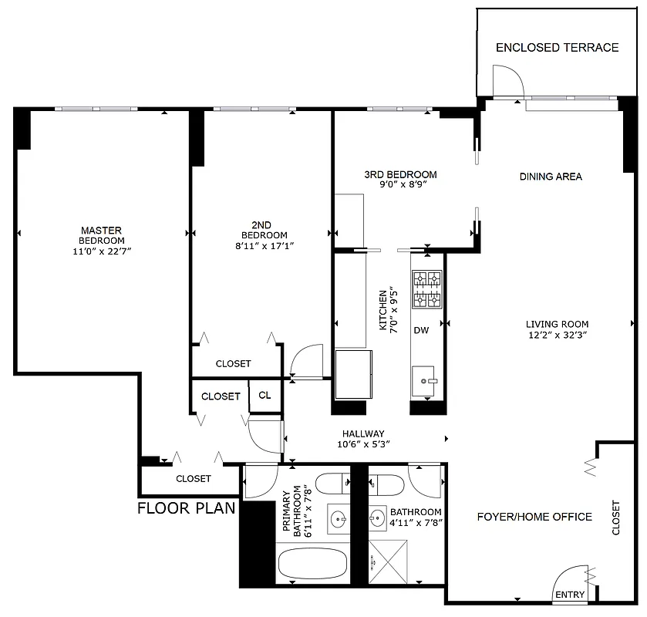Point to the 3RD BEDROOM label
400,174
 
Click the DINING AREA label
551,177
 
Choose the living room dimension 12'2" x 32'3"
557,335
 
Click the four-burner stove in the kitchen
426,289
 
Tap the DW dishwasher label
421,331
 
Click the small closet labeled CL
265,396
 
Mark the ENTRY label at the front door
570,595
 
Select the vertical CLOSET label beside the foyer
615,519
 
